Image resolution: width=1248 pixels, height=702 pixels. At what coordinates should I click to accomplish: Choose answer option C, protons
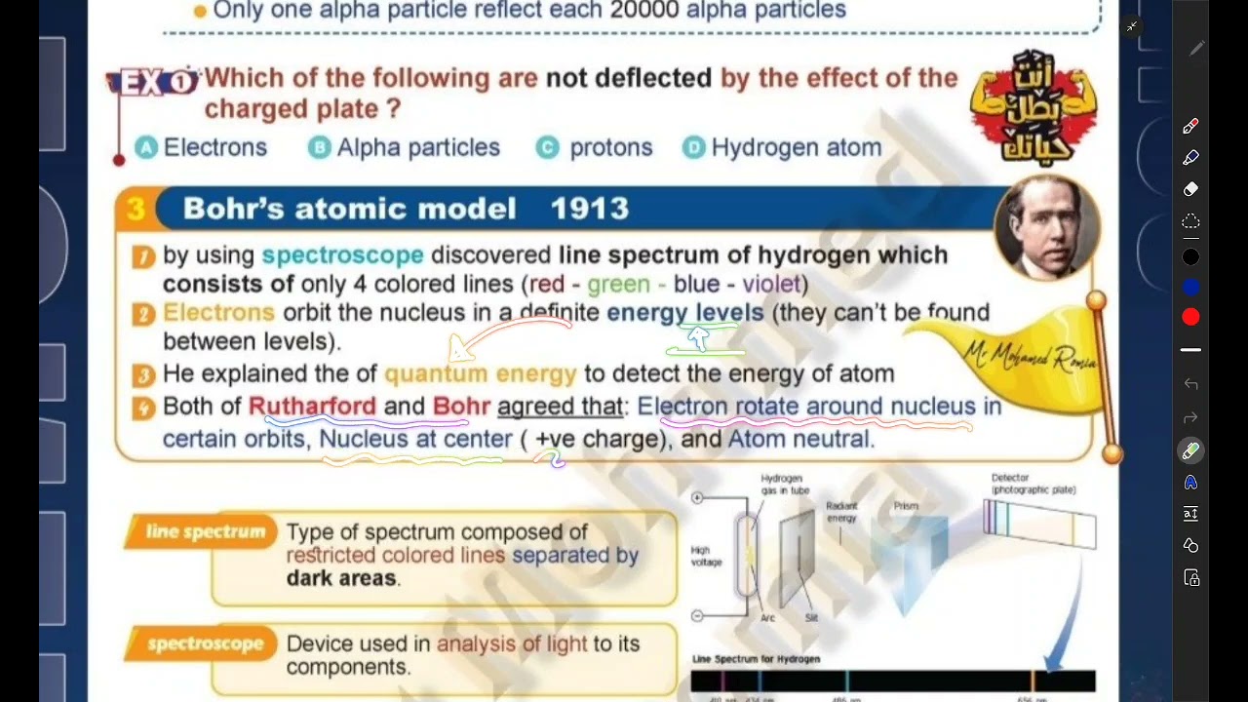point(595,148)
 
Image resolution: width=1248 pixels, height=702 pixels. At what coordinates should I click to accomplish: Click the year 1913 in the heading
point(589,209)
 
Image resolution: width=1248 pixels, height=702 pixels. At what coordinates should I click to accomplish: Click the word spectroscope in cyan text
point(342,255)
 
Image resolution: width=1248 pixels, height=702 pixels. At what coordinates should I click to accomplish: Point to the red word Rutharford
point(312,407)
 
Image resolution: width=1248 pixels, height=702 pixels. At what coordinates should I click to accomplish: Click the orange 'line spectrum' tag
point(205,532)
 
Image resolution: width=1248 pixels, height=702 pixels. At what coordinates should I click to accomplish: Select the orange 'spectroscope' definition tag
point(205,644)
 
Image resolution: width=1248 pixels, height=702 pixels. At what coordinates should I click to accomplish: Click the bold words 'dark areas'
point(341,578)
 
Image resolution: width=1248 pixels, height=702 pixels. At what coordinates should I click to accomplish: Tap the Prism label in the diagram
point(906,506)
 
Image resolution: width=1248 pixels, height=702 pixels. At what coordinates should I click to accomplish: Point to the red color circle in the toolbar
point(1190,317)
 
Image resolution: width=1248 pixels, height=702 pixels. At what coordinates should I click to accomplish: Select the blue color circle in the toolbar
point(1190,288)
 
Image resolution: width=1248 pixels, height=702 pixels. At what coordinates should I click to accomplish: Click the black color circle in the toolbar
point(1190,257)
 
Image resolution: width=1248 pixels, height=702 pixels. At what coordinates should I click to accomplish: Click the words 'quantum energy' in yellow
point(480,374)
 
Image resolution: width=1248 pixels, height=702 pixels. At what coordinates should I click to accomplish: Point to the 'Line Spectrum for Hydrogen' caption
point(756,659)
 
